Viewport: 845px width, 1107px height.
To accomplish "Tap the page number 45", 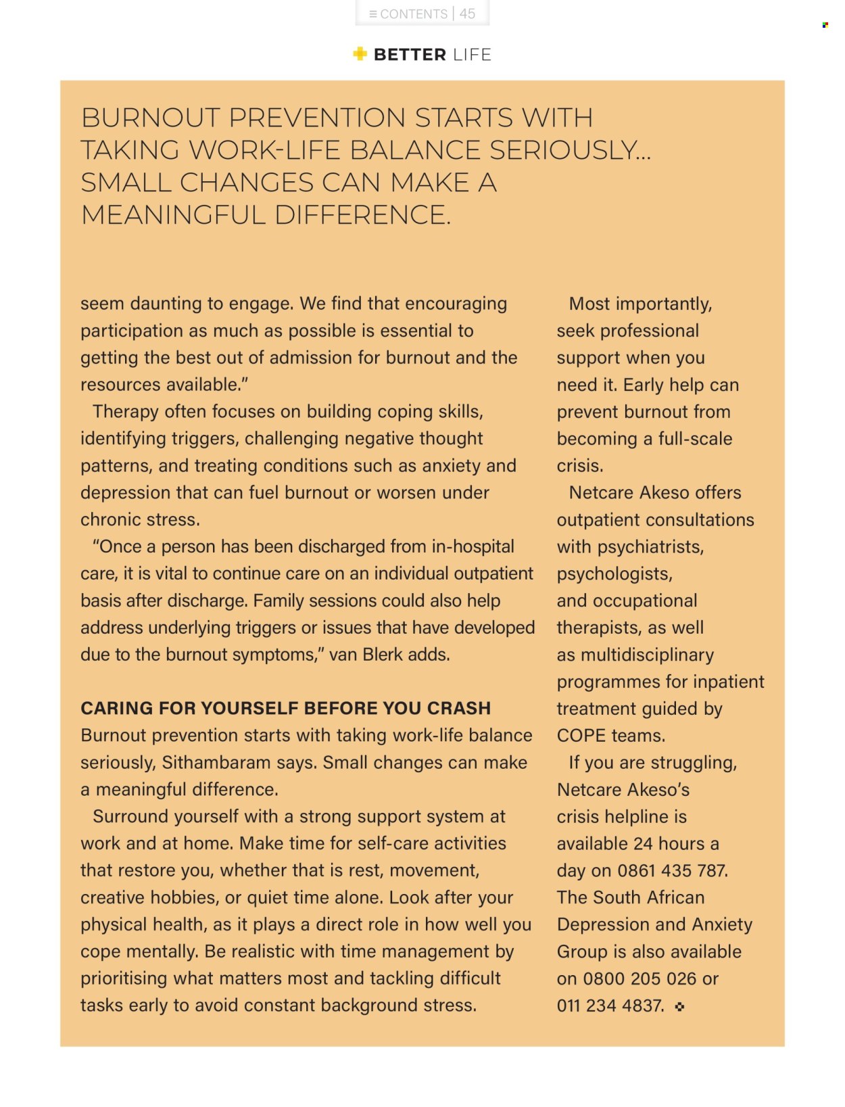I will point(467,14).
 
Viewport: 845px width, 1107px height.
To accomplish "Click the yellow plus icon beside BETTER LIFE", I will point(360,54).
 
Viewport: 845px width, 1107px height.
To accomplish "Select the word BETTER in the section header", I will point(410,55).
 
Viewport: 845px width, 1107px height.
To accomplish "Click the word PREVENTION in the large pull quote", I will point(318,118).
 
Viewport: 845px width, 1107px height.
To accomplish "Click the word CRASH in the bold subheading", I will point(459,708).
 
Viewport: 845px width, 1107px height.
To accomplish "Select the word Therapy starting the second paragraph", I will point(126,411).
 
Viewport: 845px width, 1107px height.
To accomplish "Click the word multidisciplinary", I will point(647,655).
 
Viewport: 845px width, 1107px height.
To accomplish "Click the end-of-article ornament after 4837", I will point(679,1006).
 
